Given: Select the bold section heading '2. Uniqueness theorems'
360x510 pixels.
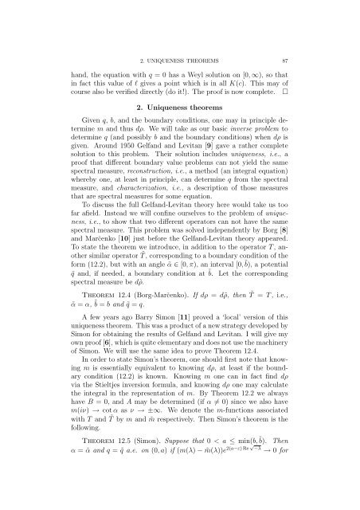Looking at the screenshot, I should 180,103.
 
